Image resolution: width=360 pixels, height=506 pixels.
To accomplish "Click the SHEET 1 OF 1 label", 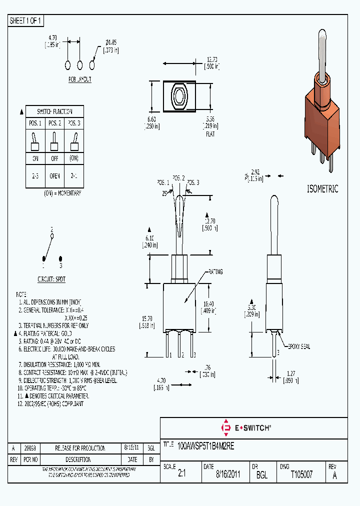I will tap(26, 20).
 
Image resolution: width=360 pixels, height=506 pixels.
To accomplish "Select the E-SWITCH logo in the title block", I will tap(246, 427).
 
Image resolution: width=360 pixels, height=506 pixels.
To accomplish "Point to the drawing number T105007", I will tap(301, 475).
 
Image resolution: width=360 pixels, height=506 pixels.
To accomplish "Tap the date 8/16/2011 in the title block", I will tap(228, 475).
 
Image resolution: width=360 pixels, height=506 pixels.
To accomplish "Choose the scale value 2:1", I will tap(181, 475).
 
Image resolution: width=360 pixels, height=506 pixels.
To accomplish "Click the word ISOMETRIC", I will tap(322, 189).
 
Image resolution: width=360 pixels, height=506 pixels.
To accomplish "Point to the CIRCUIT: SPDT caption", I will tap(52, 279).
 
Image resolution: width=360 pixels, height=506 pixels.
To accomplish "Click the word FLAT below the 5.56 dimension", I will tap(210, 135).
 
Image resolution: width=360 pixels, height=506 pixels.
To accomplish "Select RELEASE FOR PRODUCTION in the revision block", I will tap(80, 448).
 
